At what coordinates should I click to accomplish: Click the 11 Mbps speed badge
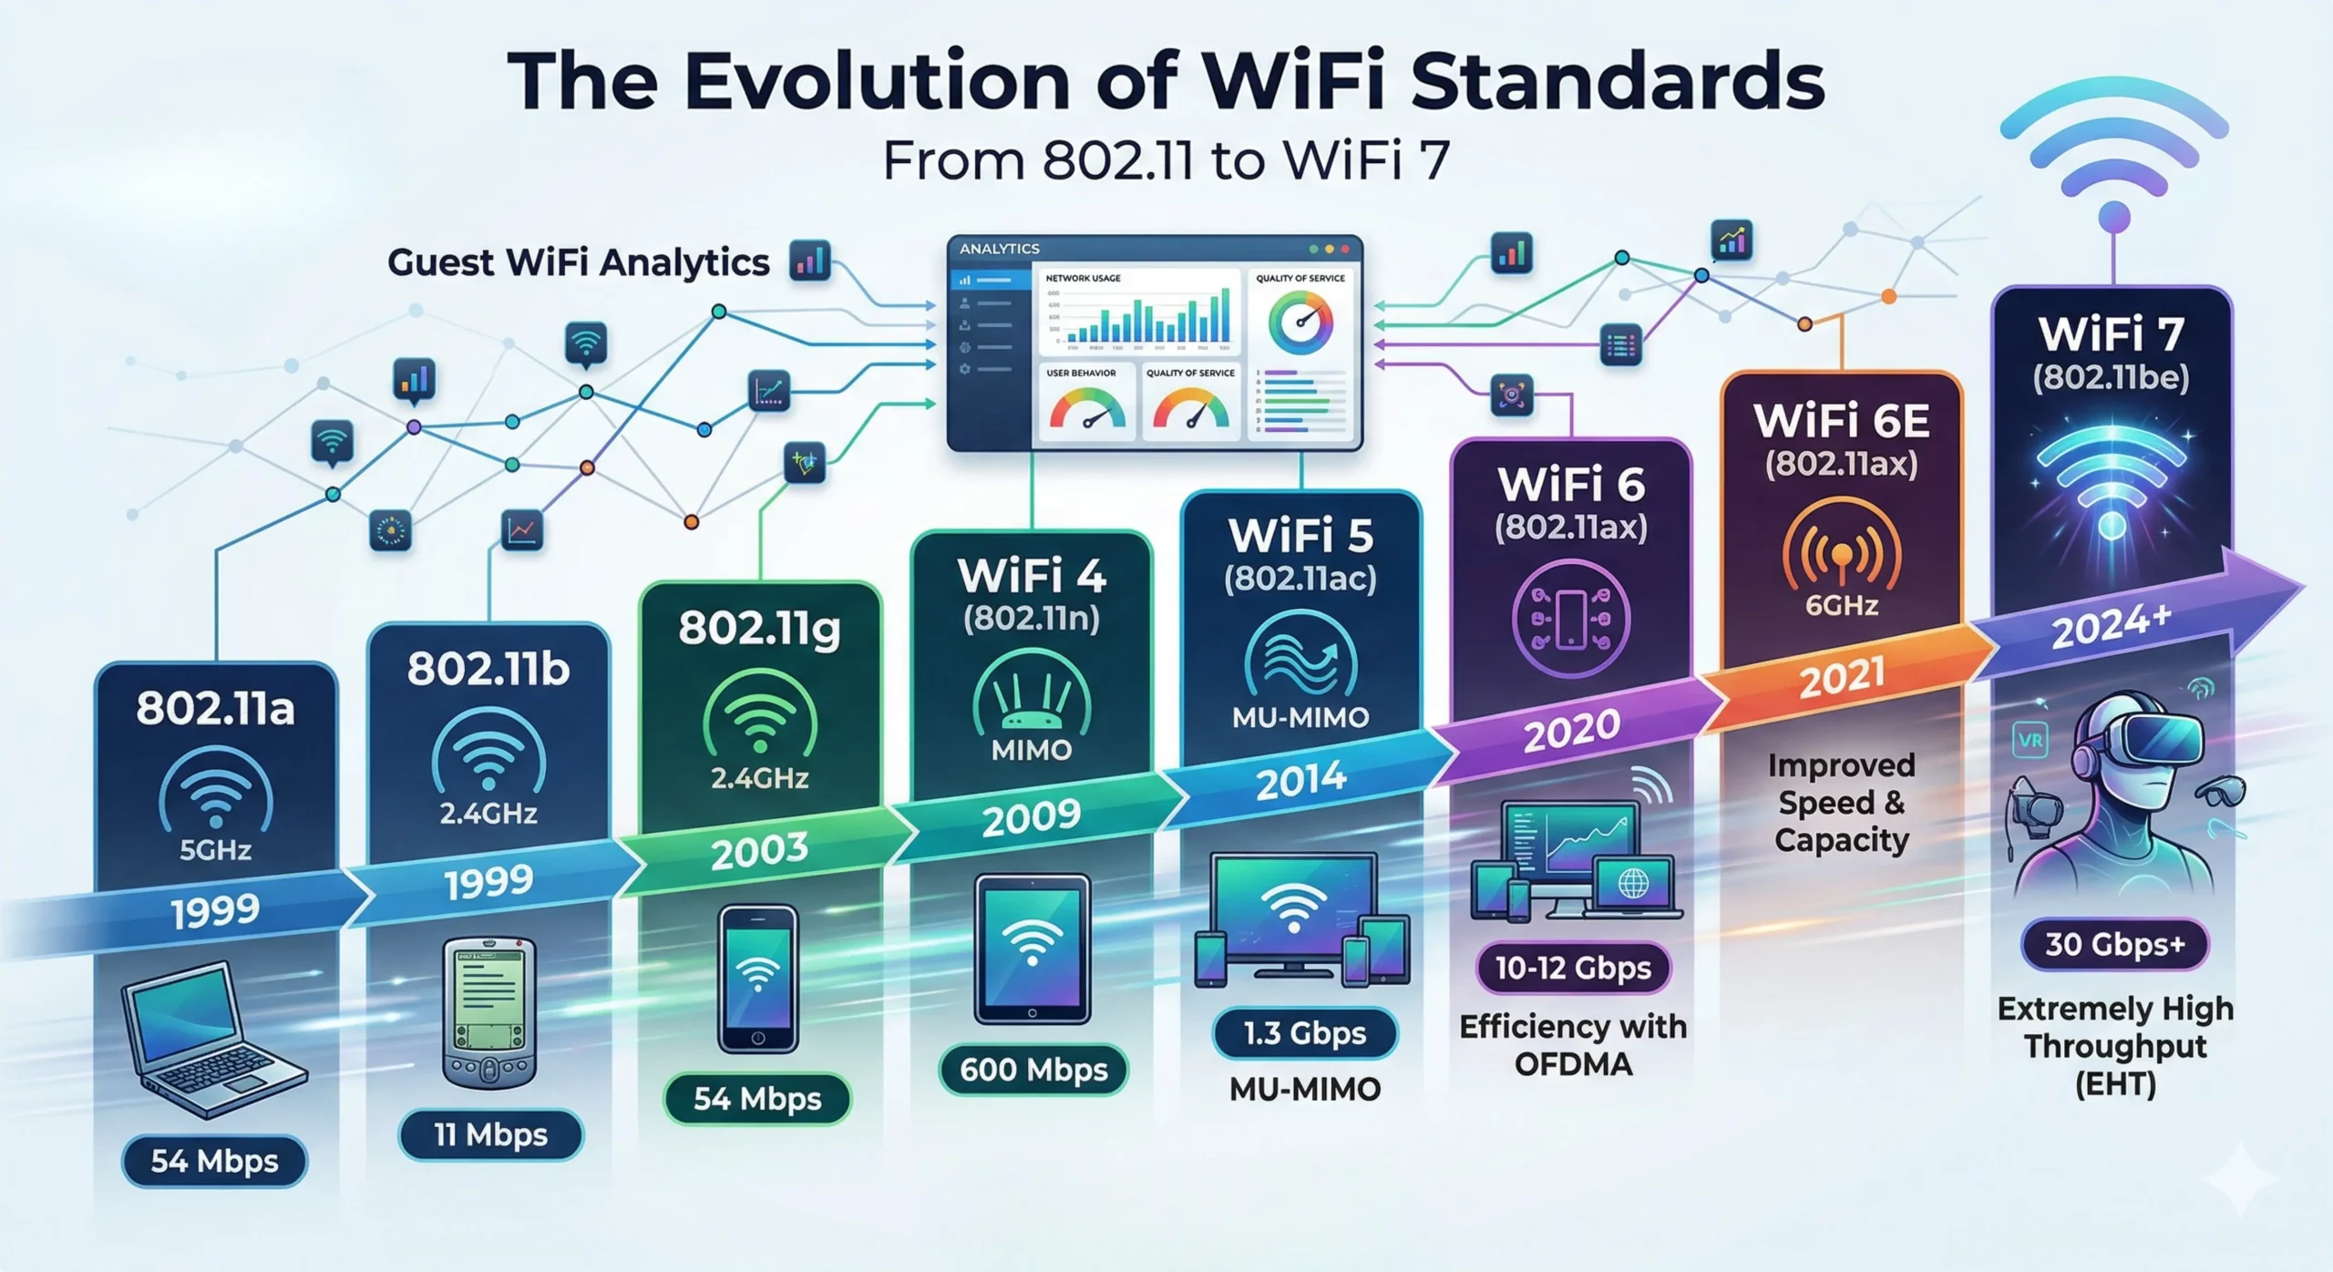[x=490, y=1135]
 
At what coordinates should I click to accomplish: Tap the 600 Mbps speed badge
[x=1033, y=1070]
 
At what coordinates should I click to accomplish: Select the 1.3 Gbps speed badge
[x=1305, y=1033]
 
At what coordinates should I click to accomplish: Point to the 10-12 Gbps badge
[x=1573, y=968]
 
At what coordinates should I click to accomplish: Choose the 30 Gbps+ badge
[x=2114, y=944]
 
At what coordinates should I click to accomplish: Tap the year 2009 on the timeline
[x=1032, y=816]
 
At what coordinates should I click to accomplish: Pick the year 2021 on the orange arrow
[x=1842, y=678]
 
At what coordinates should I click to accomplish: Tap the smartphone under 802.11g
[x=758, y=979]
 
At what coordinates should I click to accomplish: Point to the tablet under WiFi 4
[x=1032, y=948]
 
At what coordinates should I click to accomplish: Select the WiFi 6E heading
[x=1842, y=421]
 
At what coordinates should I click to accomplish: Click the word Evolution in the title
[x=877, y=82]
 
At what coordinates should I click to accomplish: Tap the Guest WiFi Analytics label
[x=579, y=262]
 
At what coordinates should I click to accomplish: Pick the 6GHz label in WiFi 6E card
[x=1842, y=605]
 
